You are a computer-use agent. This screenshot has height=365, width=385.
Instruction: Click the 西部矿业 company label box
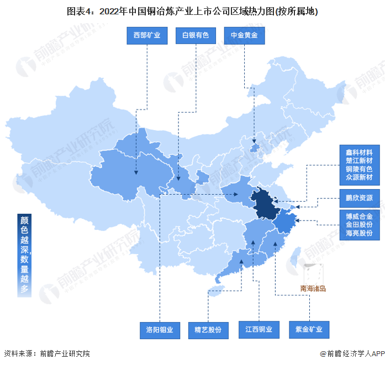tap(147, 36)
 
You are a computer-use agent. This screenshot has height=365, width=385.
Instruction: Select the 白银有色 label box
tap(196, 36)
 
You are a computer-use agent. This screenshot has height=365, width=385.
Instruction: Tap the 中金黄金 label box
tap(244, 36)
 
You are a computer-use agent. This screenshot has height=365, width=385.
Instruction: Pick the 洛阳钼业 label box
tap(160, 330)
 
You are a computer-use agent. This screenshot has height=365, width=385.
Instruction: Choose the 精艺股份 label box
tap(208, 330)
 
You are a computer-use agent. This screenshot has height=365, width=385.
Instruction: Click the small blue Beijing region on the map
tap(254, 148)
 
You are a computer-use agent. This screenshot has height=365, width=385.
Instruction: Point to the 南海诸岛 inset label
tap(313, 288)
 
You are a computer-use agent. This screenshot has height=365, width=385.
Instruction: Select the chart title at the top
tap(192, 10)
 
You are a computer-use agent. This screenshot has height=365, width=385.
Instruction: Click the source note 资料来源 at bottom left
tap(46, 353)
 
